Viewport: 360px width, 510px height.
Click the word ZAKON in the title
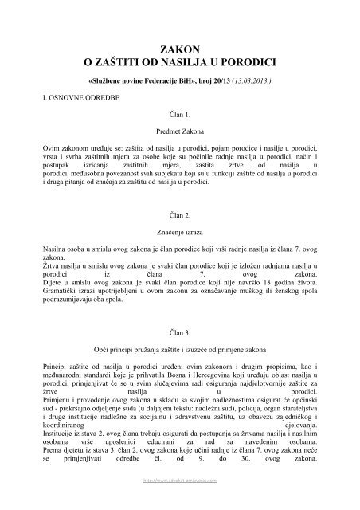click(x=180, y=46)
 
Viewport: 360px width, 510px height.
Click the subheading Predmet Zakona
click(x=179, y=130)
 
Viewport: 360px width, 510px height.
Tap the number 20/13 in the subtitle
click(x=208, y=81)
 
